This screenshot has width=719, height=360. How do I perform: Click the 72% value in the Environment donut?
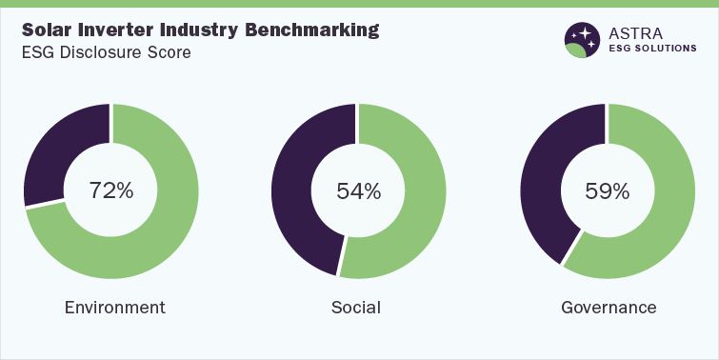click(110, 190)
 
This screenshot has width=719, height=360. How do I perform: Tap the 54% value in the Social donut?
click(358, 190)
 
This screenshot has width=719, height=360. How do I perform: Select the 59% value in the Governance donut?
click(608, 190)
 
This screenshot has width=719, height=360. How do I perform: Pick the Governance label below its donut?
click(609, 308)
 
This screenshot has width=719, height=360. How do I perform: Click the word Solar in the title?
click(48, 30)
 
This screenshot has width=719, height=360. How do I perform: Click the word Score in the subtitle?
click(168, 52)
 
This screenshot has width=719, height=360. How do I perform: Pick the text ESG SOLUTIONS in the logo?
click(653, 50)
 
